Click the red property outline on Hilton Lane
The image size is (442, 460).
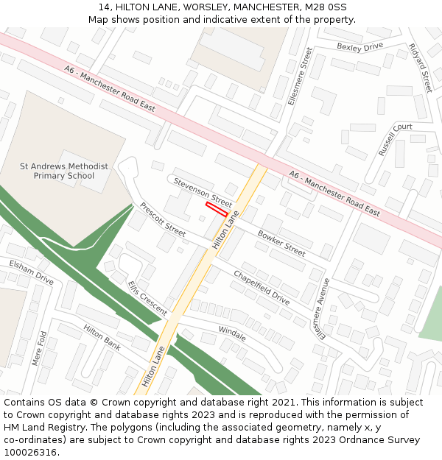216,210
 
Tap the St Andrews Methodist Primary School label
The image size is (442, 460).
64,171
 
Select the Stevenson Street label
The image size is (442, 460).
203,191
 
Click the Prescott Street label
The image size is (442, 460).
163,219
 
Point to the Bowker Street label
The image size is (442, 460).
281,243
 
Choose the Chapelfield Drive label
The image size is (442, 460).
262,287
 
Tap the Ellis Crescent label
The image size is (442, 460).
147,297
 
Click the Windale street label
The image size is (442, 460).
233,333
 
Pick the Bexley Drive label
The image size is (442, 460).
360,46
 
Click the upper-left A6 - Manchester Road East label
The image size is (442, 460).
110,89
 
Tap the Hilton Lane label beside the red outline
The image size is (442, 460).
226,229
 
